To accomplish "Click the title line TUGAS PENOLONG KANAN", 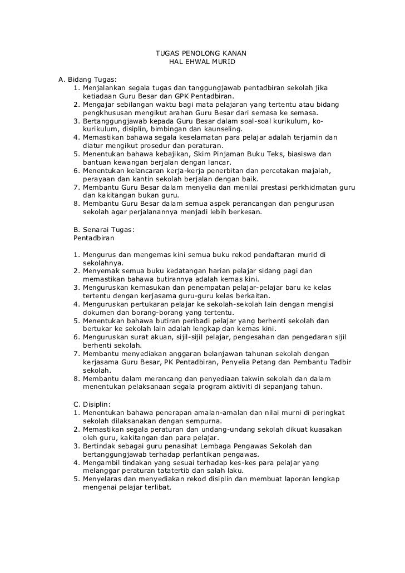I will (201, 53).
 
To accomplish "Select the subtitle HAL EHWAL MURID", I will (202, 62).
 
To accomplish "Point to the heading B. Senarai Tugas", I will (104, 229).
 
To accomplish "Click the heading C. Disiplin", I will (92, 403).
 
